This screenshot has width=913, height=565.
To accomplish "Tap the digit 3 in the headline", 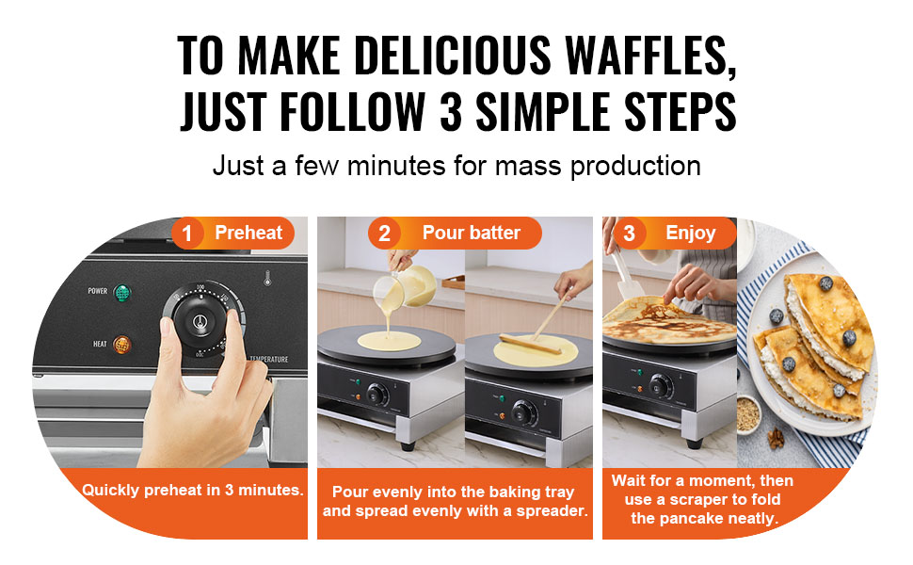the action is (451, 111).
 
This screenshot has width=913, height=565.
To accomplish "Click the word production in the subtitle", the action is (635, 167).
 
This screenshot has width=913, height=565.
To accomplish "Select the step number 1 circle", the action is (187, 234).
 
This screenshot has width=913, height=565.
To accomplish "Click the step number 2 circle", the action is (384, 234).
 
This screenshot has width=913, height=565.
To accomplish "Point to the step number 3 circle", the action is (629, 234).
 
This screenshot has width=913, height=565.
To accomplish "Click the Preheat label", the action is (248, 233).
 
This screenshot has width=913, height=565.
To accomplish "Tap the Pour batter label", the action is (471, 233).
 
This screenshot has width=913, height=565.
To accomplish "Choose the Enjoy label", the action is (691, 233).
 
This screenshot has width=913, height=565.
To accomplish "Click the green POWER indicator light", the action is (121, 293).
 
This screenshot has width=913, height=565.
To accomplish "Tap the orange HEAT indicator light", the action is (121, 345).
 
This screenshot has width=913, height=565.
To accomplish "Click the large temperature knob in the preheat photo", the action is (200, 322).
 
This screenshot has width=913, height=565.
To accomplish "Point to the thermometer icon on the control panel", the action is (267, 278).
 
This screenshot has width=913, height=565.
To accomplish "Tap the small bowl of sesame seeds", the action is (747, 414).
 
